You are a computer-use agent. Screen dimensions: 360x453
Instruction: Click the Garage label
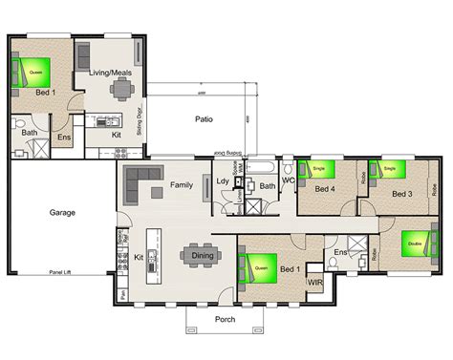(64, 213)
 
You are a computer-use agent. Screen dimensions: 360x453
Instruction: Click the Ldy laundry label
(224, 182)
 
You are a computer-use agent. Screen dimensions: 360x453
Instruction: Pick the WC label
(288, 180)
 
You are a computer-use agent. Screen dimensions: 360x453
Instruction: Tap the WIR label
(313, 282)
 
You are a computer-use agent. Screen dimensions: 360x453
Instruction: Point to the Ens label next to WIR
(340, 252)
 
